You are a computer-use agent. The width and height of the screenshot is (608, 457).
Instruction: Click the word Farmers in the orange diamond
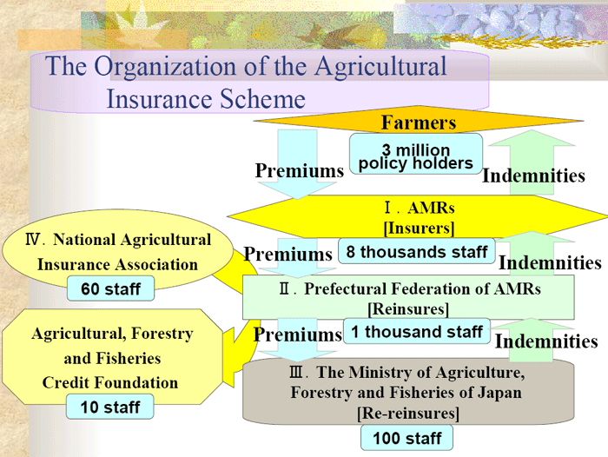(x=419, y=123)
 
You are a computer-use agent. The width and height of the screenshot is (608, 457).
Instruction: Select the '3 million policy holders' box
(x=416, y=154)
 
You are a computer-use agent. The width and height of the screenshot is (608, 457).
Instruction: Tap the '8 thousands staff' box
(x=416, y=251)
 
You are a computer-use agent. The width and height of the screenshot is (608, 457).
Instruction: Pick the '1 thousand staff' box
(x=417, y=331)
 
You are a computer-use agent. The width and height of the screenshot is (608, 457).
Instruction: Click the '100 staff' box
(x=406, y=438)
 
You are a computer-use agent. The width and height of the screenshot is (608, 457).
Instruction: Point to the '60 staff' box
(x=110, y=288)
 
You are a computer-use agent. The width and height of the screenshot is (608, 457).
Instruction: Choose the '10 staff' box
(x=110, y=407)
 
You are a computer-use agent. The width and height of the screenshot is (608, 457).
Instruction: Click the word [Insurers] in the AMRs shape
(x=419, y=228)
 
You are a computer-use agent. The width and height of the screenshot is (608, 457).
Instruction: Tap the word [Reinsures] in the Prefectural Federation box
(x=408, y=309)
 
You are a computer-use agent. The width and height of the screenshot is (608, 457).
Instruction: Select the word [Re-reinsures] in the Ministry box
(x=408, y=413)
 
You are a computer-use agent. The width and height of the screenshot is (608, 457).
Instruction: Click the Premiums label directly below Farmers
(x=300, y=170)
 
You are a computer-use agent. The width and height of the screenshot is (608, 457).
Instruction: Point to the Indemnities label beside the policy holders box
(x=533, y=176)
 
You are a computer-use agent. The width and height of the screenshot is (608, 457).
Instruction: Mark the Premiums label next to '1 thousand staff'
(x=298, y=334)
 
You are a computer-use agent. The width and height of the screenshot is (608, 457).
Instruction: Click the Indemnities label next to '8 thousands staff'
(x=550, y=263)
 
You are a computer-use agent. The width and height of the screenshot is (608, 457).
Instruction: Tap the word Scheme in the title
(x=263, y=99)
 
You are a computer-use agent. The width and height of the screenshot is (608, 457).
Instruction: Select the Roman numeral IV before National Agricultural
(x=33, y=240)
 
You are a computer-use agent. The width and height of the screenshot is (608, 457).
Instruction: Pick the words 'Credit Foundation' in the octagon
(x=110, y=382)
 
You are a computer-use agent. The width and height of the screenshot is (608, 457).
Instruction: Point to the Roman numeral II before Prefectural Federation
(x=285, y=289)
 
